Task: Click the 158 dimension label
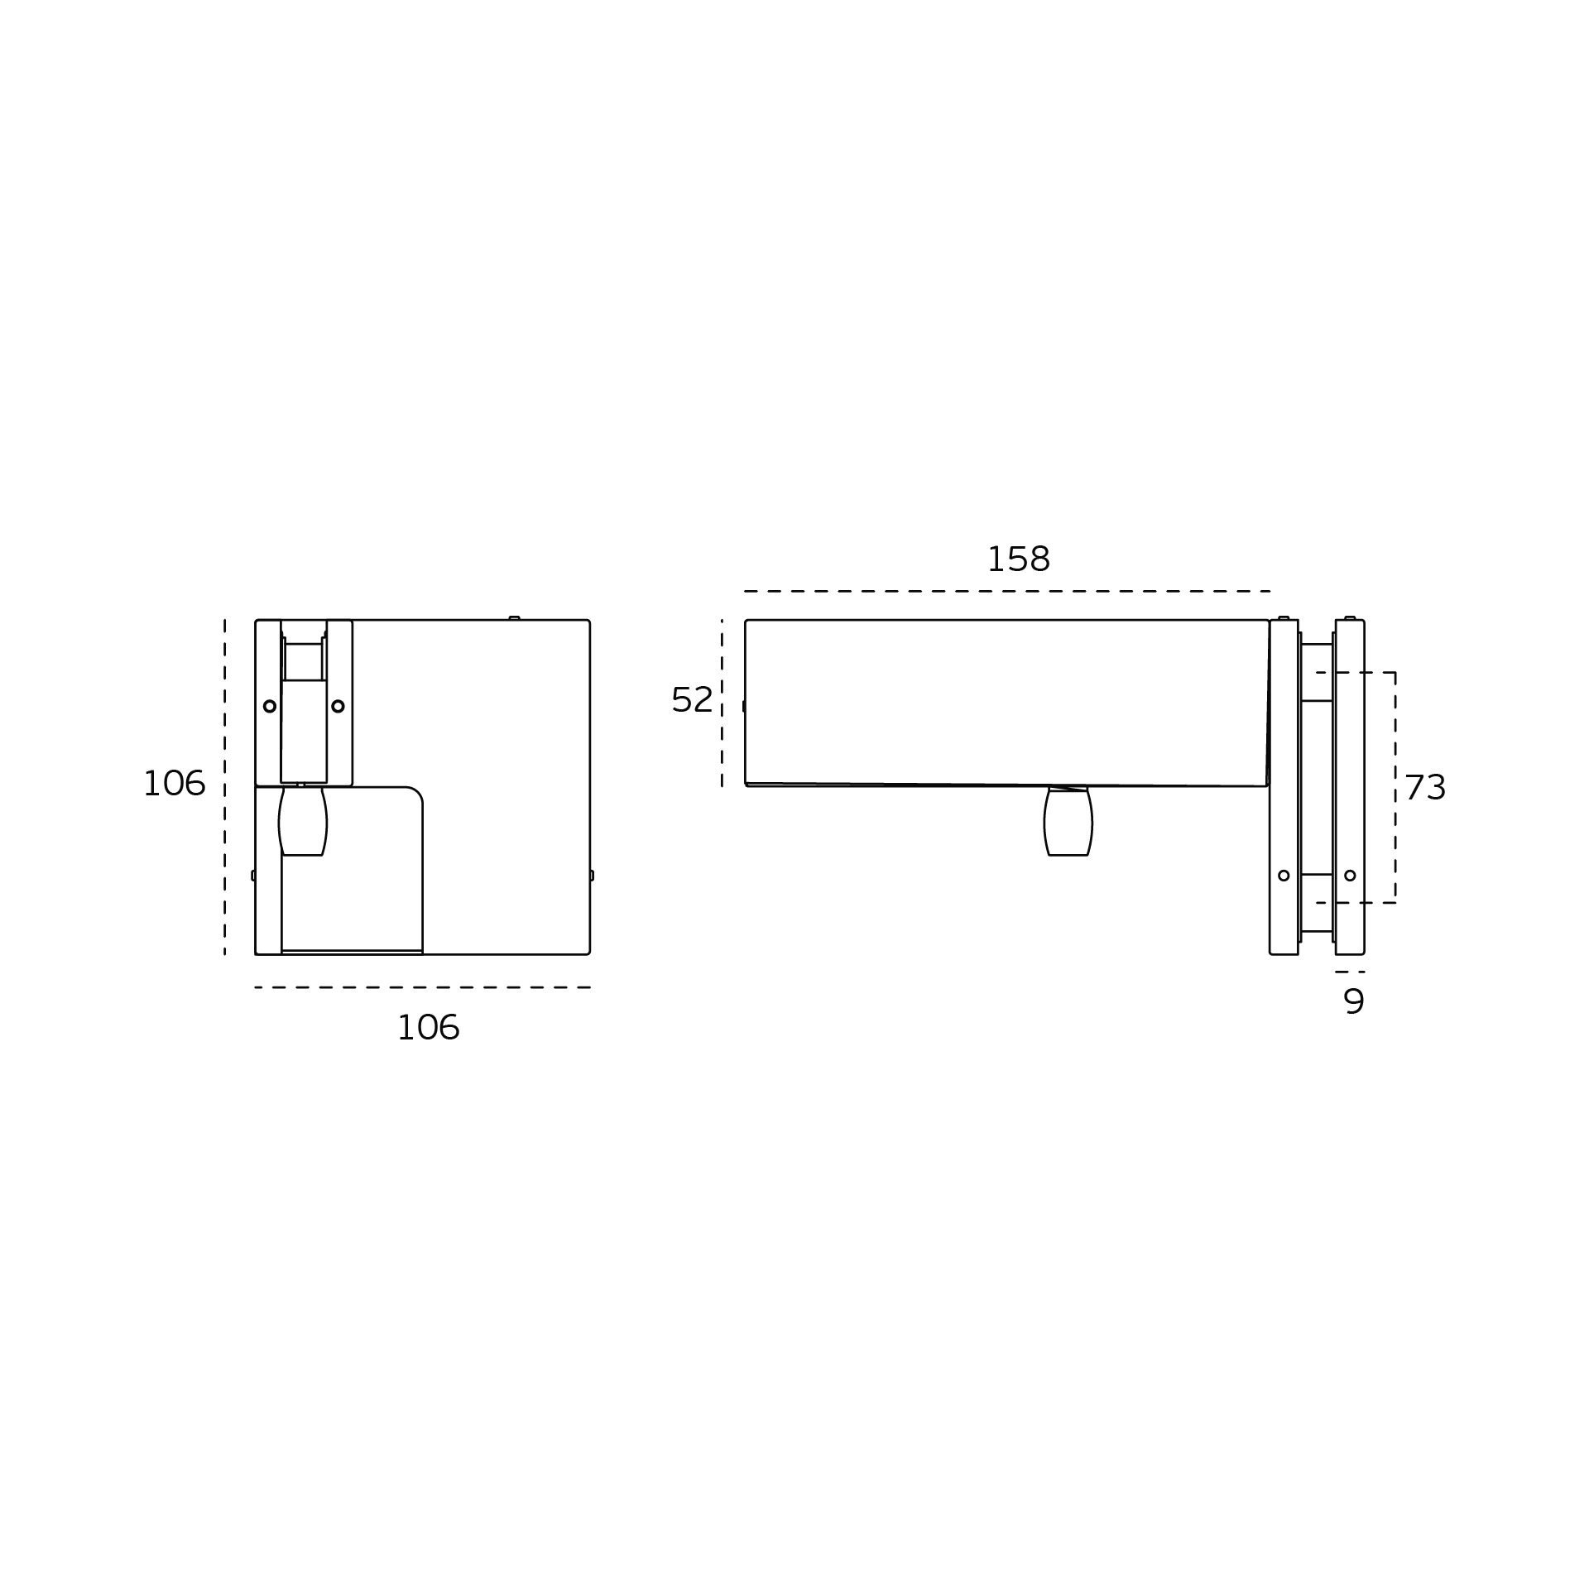[1018, 560]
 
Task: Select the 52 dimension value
[692, 700]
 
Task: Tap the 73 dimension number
[1425, 787]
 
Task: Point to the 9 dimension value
[1354, 1002]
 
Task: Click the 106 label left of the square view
[174, 784]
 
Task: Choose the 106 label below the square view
[428, 1029]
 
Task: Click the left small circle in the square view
[270, 706]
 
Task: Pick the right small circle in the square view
[338, 706]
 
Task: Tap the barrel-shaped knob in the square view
[303, 821]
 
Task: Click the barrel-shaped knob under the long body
[1068, 821]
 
